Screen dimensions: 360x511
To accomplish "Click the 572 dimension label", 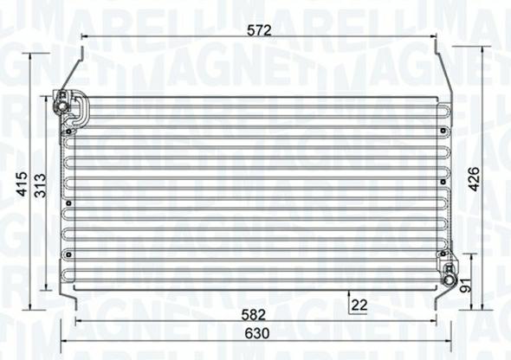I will [x=259, y=29].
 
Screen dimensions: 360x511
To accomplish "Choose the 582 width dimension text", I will [x=254, y=314].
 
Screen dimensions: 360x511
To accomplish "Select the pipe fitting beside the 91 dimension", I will [x=450, y=277].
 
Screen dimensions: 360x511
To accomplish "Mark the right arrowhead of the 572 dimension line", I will [x=436, y=37].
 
